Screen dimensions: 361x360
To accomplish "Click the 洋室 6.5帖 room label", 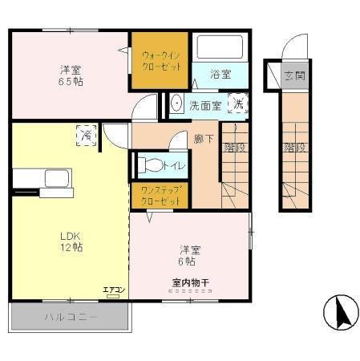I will (71, 75).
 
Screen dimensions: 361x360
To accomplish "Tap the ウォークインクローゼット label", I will (160, 62).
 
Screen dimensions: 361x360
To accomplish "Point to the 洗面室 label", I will (205, 104).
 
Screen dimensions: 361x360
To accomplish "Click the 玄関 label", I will (294, 76).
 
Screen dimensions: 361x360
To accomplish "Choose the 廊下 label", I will (202, 138).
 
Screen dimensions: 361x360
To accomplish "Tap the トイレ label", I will (174, 166).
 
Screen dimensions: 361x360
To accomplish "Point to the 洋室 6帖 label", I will (188, 254).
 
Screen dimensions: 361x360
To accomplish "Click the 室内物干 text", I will (191, 282).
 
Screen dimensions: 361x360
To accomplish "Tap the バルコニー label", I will (70, 318).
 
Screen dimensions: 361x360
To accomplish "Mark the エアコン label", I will (111, 290).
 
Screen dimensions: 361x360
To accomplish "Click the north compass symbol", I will (340, 312).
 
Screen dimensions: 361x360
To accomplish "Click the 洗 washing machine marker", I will (238, 103).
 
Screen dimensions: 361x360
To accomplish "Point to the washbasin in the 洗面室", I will (176, 103).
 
